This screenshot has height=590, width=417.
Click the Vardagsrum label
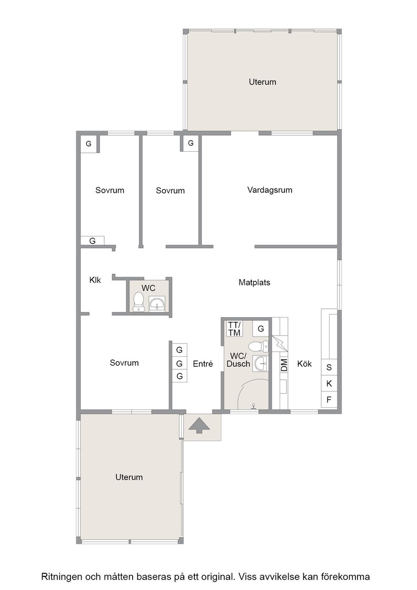tap(270, 190)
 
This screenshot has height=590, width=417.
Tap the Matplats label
tap(254, 282)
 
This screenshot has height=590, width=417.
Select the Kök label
tap(304, 364)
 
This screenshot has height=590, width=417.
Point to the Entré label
tap(203, 364)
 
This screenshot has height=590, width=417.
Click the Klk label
tap(95, 280)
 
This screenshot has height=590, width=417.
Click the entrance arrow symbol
tap(199, 426)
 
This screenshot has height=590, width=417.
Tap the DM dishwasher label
tap(284, 365)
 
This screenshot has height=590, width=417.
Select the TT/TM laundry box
tap(234, 329)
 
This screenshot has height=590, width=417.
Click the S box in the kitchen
tap(329, 367)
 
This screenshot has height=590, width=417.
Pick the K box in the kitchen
tap(329, 383)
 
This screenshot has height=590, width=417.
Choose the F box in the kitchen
tap(329, 399)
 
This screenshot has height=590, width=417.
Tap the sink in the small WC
tap(157, 303)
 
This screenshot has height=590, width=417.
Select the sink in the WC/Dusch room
tap(261, 363)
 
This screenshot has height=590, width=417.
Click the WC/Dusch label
tap(239, 360)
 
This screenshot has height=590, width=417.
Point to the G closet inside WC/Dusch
tap(261, 329)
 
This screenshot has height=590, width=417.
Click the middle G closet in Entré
tap(180, 363)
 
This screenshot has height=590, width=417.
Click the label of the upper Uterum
tap(262, 82)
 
